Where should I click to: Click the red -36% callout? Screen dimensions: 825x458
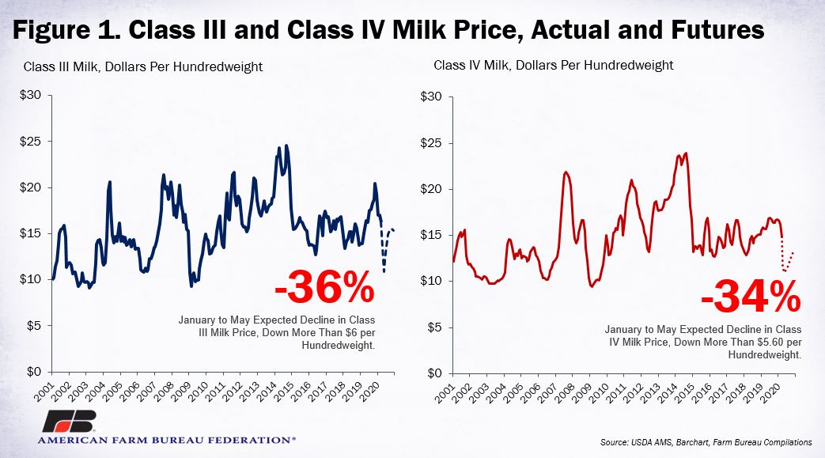tap(324, 288)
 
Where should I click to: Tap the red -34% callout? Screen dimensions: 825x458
tap(751, 297)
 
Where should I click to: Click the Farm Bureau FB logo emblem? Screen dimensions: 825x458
tap(69, 421)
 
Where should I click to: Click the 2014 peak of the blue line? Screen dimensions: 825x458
tap(286, 146)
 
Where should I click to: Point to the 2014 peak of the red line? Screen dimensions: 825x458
tap(686, 153)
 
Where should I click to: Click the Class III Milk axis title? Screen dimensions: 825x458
tap(142, 67)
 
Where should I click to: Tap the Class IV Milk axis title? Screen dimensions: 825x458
tap(554, 66)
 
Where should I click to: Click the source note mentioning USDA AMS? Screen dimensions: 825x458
tap(706, 442)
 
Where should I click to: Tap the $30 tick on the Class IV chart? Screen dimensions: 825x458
tap(431, 97)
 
